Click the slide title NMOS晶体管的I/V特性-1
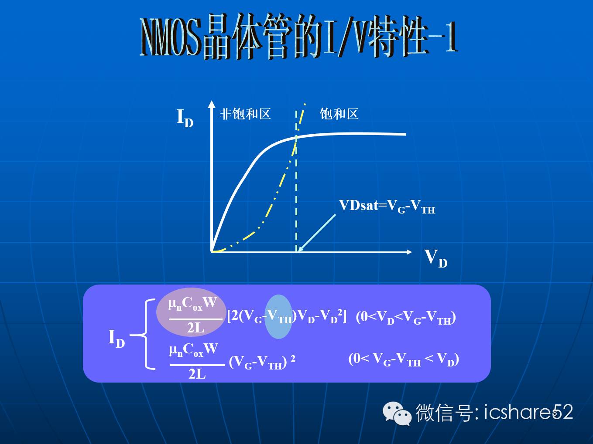[x=298, y=37]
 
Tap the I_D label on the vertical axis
[x=185, y=118]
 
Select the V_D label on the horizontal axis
[x=436, y=258]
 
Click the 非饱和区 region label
[x=245, y=114]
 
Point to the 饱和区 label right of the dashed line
[x=339, y=114]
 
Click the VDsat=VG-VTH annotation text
[x=387, y=207]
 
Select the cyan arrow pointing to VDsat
[x=317, y=233]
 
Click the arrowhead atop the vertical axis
[x=212, y=105]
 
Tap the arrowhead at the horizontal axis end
[x=409, y=252]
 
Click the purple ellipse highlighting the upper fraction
[x=191, y=312]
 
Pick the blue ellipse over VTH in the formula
[x=278, y=316]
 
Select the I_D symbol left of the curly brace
[x=117, y=339]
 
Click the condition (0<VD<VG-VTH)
[x=406, y=317]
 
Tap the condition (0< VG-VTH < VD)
[x=404, y=359]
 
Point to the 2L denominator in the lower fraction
[x=197, y=374]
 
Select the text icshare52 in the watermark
[x=528, y=412]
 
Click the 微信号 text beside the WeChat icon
[x=444, y=413]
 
